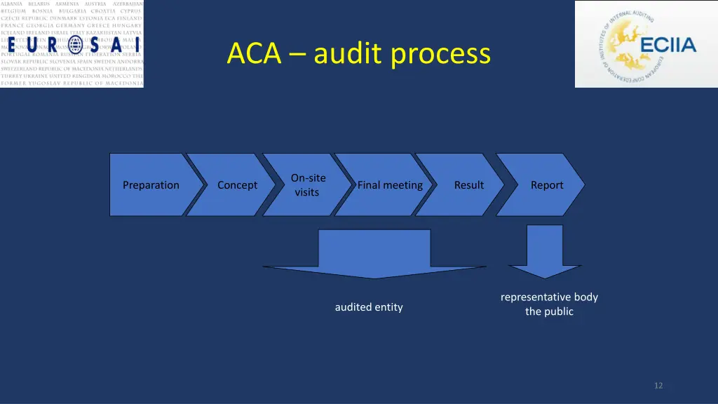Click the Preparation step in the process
(x=151, y=185)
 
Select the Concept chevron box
(x=237, y=185)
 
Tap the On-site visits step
(x=307, y=185)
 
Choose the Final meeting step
(x=390, y=185)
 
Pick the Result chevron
(x=468, y=185)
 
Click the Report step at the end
(x=547, y=185)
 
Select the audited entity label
(x=369, y=307)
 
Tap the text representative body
(x=549, y=297)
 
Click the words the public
(x=549, y=311)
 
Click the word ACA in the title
(x=253, y=54)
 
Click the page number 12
(x=658, y=385)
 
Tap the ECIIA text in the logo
(x=668, y=46)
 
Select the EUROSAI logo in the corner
(x=72, y=43)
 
